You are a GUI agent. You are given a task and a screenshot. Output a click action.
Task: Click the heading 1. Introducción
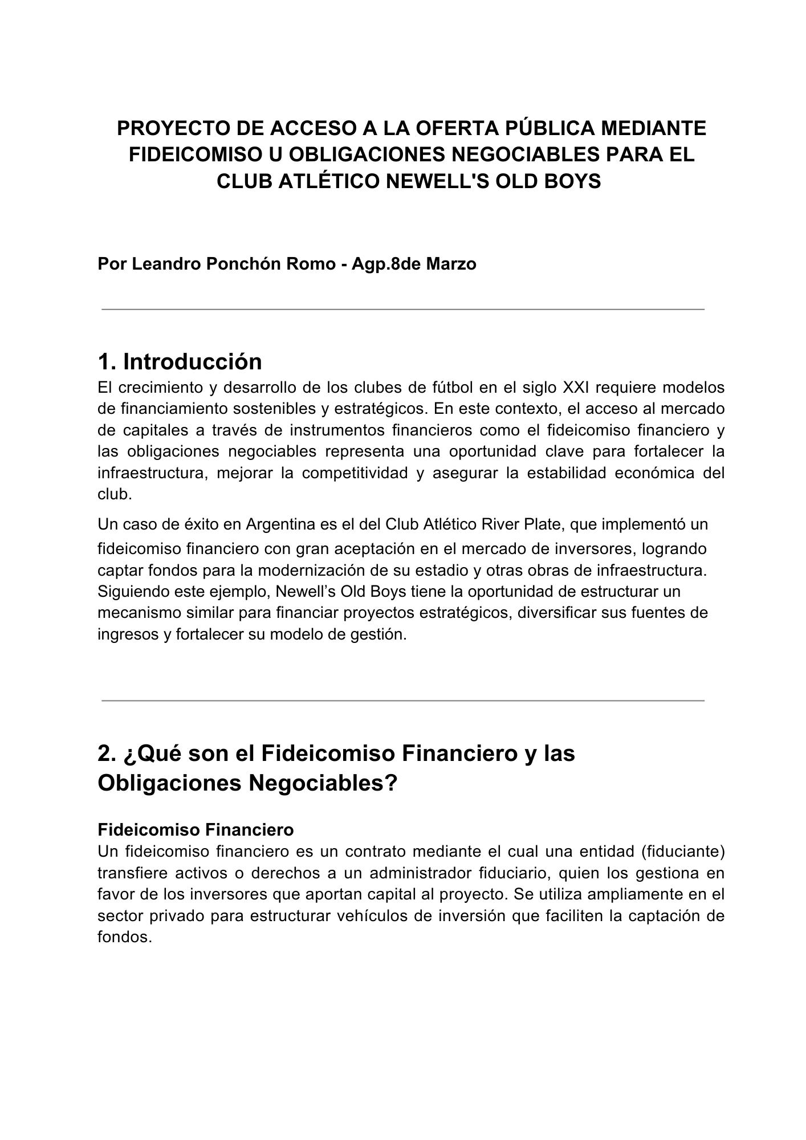tap(180, 362)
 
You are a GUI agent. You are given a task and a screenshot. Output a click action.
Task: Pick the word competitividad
tap(355, 473)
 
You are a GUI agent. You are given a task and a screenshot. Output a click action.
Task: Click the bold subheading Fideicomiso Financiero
tap(196, 830)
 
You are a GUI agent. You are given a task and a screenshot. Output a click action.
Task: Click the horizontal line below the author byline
tap(403, 310)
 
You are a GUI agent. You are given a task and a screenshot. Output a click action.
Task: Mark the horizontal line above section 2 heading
tap(403, 701)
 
